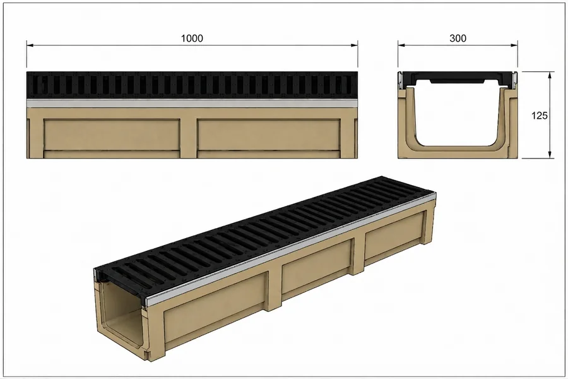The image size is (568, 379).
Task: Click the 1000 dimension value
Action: [x=192, y=38]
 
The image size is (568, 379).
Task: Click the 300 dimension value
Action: [x=458, y=38]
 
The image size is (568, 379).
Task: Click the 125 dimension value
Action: [x=540, y=116]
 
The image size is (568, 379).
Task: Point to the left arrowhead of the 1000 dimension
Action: [x=30, y=45]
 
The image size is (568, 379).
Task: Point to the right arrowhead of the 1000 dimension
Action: [x=354, y=45]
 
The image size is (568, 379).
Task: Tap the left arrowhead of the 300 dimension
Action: [x=402, y=45]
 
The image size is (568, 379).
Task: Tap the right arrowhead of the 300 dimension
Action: [x=514, y=45]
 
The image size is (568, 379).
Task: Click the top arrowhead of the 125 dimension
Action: [x=550, y=75]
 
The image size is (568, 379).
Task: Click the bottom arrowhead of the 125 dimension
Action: [x=550, y=154]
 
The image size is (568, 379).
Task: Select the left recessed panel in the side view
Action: [x=112, y=135]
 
